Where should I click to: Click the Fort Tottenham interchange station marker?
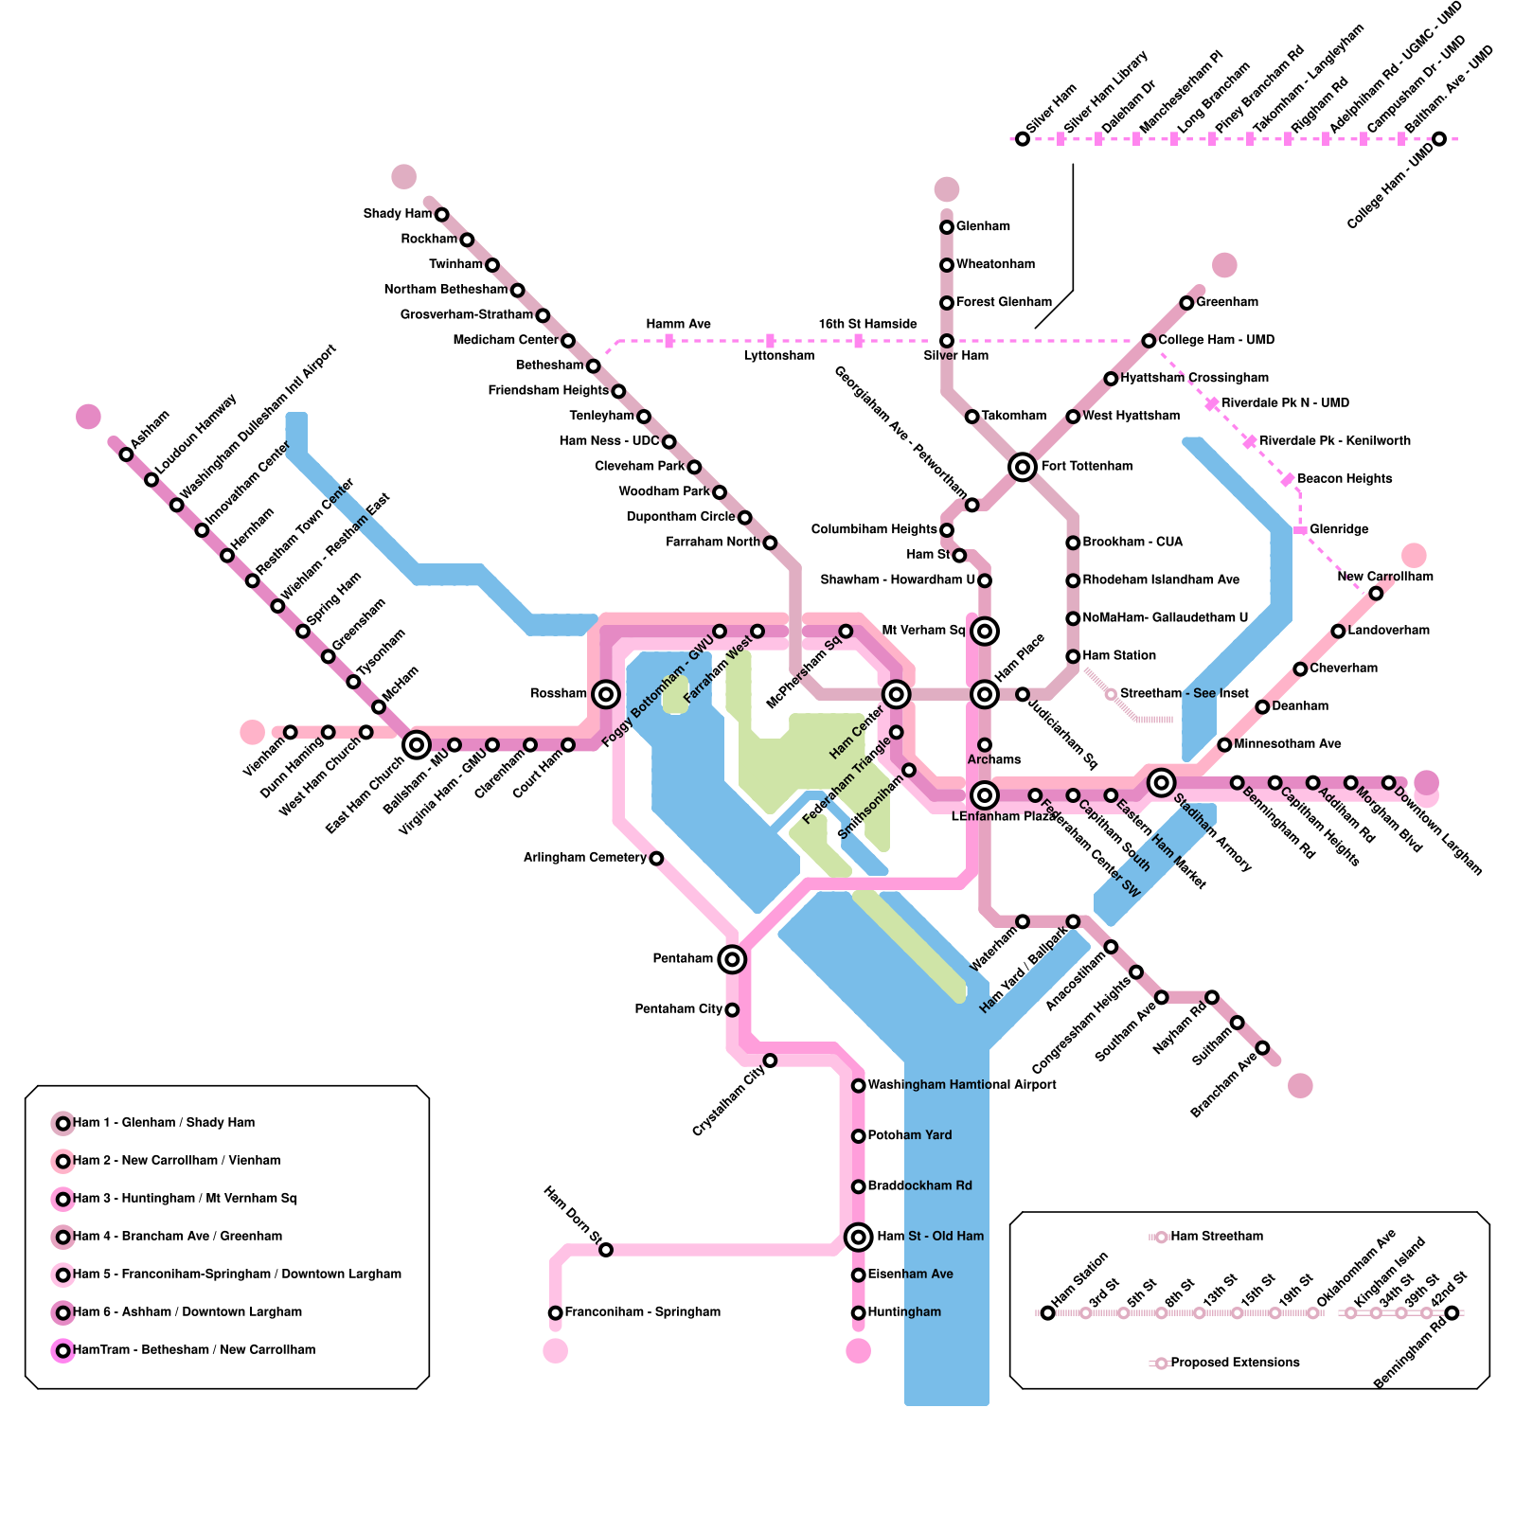(x=1022, y=467)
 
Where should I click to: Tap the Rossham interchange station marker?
(x=606, y=694)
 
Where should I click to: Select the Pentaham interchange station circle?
(x=731, y=959)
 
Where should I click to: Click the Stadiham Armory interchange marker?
(x=1161, y=782)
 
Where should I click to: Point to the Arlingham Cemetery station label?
(x=584, y=858)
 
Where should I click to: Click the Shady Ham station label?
(x=397, y=214)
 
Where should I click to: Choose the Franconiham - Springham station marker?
(x=556, y=1312)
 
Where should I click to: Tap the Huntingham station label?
(x=904, y=1312)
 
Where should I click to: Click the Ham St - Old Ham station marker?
(x=858, y=1237)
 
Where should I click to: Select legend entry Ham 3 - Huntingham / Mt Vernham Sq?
(x=185, y=1199)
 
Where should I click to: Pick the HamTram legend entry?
(x=194, y=1350)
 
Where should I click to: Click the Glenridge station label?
(x=1339, y=529)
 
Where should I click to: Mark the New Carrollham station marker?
(x=1376, y=594)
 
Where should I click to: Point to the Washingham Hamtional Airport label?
(x=962, y=1085)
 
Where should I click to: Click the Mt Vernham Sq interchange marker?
(x=985, y=631)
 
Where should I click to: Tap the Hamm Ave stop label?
(x=678, y=324)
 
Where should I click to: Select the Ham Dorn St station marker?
(x=606, y=1250)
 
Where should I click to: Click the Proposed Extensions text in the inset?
(x=1235, y=1363)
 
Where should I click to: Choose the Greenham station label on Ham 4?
(x=1227, y=302)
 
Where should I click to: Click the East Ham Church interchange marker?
(x=417, y=745)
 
